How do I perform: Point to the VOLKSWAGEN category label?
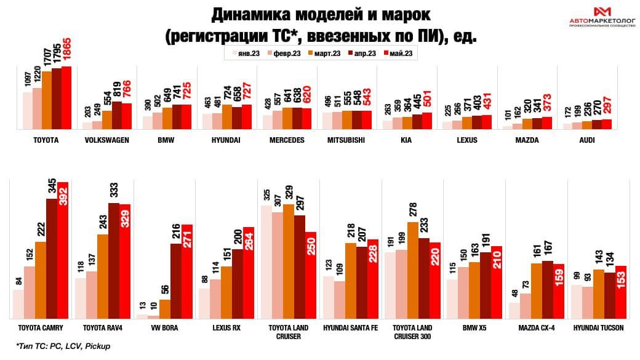[106, 140]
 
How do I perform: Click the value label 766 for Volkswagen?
[127, 92]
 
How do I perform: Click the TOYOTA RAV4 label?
[102, 328]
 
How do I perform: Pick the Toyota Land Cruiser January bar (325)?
[265, 262]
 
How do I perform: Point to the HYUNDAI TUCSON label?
[598, 328]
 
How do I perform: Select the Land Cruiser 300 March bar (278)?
[412, 270]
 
